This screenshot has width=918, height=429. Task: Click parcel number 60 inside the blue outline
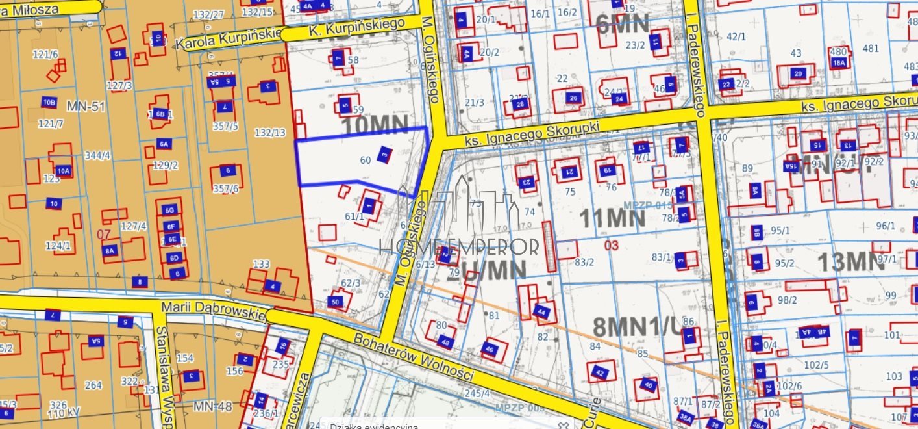tap(365, 160)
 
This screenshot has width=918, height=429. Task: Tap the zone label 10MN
tap(375, 125)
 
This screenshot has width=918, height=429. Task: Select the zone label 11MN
tap(612, 218)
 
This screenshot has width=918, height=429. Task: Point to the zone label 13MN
tap(850, 262)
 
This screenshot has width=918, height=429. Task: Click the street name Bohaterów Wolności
tap(416, 357)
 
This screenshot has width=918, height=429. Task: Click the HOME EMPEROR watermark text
tap(459, 246)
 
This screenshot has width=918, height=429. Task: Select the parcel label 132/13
tap(270, 133)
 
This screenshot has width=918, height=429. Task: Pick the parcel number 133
tap(261, 265)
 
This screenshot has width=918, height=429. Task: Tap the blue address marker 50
tap(336, 302)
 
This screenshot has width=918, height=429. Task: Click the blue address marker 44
tap(542, 313)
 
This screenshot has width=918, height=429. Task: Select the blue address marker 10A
tap(63, 171)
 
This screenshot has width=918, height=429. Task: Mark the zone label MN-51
tap(86, 105)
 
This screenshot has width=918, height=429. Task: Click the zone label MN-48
tap(212, 407)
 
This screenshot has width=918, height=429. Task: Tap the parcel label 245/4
tap(477, 393)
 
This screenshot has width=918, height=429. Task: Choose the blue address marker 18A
tap(839, 63)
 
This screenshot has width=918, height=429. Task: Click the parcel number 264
tap(93, 385)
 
